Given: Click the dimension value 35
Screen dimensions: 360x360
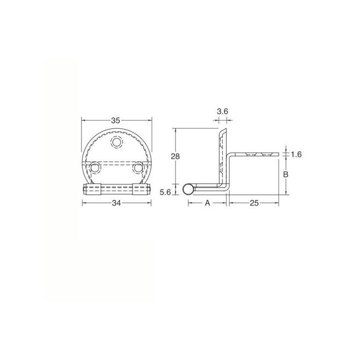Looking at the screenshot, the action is point(116,120).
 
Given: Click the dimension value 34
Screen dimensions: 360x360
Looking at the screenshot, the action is point(117,203).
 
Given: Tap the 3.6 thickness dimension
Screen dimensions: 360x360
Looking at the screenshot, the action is point(222,112).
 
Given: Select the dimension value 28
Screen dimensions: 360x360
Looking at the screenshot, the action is point(175,156).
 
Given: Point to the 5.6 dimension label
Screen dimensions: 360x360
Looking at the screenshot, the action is point(166,192).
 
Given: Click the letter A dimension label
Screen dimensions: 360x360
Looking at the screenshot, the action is point(207,203).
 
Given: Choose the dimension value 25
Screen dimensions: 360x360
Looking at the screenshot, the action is point(254,203).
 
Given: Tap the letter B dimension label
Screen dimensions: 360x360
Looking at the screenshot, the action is point(286,175).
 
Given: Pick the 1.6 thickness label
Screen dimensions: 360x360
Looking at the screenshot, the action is point(296,154).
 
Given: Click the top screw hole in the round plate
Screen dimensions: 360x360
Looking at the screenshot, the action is point(117,142).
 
